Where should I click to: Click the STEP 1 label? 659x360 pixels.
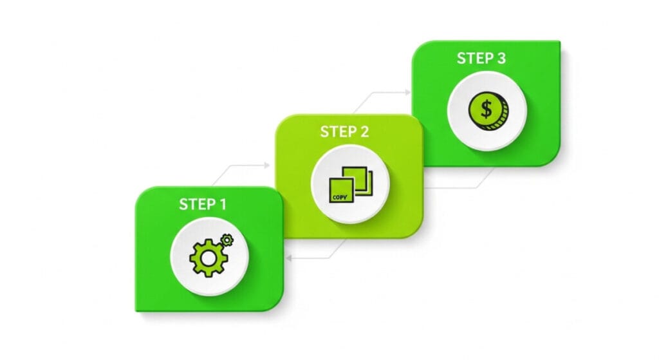(x=203, y=204)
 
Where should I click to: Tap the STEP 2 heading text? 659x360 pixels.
(x=344, y=131)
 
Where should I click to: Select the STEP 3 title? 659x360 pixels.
(x=481, y=58)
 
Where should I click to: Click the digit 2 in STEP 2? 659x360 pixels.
(x=364, y=131)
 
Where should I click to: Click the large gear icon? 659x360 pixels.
(x=209, y=258)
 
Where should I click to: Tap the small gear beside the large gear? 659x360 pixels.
(x=227, y=240)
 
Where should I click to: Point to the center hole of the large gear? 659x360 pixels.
(x=209, y=258)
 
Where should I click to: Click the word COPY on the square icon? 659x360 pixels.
(x=340, y=197)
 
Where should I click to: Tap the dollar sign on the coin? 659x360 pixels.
(x=487, y=109)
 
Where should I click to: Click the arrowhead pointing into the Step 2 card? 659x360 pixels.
(x=266, y=166)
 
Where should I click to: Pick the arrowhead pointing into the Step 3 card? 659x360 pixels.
(x=407, y=92)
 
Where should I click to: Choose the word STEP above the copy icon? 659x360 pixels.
(x=337, y=131)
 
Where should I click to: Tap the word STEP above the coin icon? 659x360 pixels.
(x=474, y=58)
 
